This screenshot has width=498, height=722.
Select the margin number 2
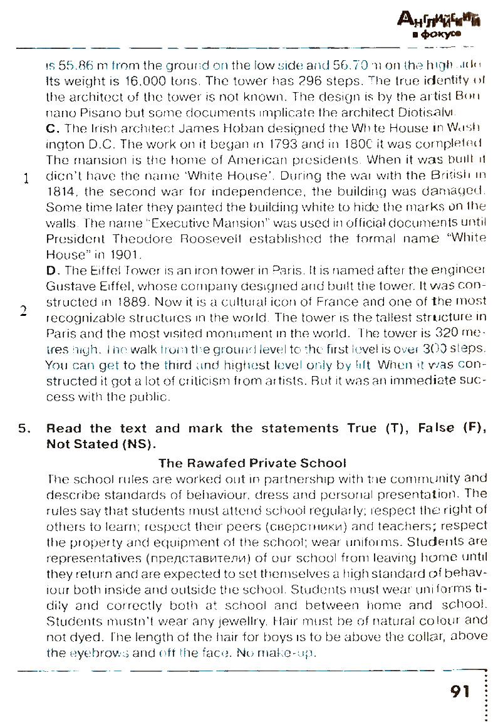23,311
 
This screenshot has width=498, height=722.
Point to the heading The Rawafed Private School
252,463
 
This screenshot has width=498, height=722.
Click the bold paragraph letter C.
52,129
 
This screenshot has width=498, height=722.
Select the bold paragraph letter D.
53,270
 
